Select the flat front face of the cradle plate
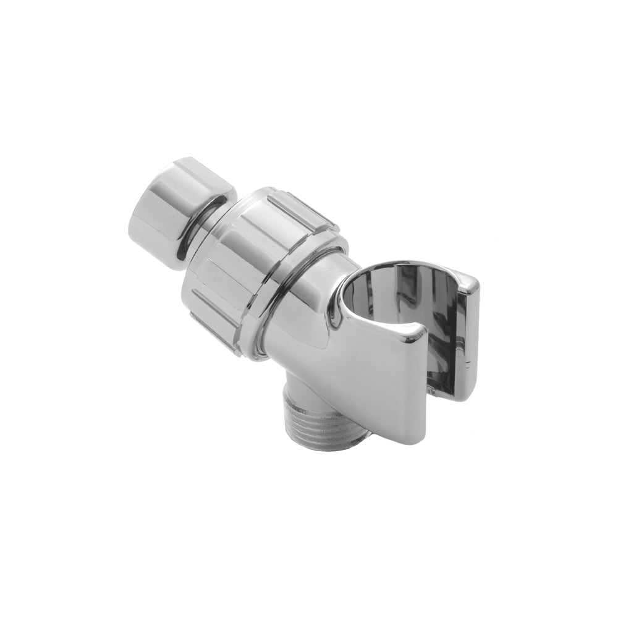click(383, 377)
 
